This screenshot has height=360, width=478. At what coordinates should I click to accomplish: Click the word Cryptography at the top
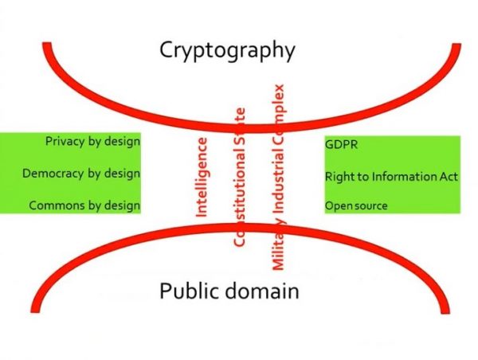click(x=227, y=51)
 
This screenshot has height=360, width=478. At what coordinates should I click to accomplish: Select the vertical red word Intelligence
click(x=202, y=178)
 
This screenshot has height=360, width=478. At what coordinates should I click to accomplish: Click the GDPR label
click(x=341, y=144)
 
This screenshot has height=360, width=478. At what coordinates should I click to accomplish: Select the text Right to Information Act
click(x=391, y=177)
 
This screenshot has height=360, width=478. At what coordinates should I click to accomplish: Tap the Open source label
click(x=356, y=205)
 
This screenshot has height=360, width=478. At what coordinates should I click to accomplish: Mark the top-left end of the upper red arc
click(x=47, y=45)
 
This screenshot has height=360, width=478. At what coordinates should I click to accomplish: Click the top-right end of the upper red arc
click(x=456, y=45)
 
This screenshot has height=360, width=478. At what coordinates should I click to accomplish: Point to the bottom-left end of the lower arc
click(x=35, y=310)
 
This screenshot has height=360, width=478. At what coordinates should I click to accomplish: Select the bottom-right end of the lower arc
click(x=445, y=311)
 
